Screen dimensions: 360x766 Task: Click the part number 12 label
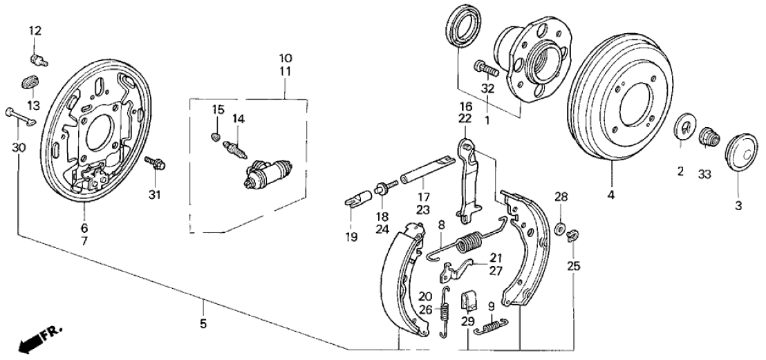[x=35, y=30]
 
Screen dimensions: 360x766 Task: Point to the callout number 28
[x=561, y=198]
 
